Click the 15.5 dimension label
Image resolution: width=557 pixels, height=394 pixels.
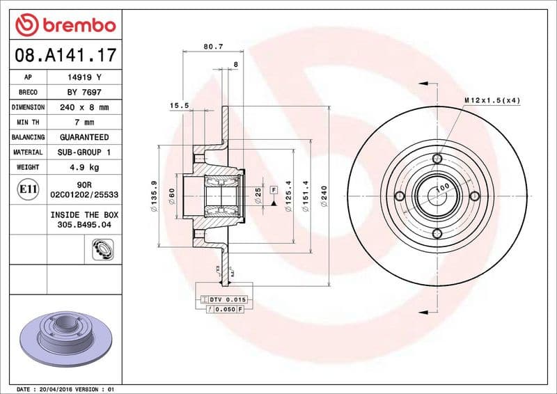tap(180, 106)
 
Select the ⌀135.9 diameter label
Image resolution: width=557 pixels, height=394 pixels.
tap(153, 196)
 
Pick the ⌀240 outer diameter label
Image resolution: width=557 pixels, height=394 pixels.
tap(324, 196)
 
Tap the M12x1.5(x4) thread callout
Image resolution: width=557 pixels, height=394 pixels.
tap(492, 101)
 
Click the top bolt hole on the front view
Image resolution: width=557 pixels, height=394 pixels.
tap(437, 159)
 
